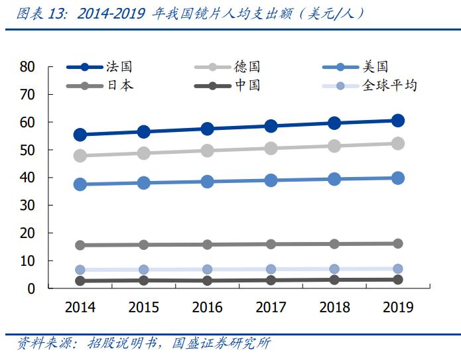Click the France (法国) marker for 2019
click(398, 121)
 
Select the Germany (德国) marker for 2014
click(80, 156)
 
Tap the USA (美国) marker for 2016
click(207, 182)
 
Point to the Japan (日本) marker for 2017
click(271, 244)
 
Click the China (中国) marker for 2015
click(144, 280)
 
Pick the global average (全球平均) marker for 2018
click(334, 269)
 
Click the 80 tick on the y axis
click(27, 66)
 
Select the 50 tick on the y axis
click(27, 150)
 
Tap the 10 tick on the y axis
click(27, 261)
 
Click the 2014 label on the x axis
click(80, 307)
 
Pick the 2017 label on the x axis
click(271, 307)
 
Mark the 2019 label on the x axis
click(398, 307)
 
